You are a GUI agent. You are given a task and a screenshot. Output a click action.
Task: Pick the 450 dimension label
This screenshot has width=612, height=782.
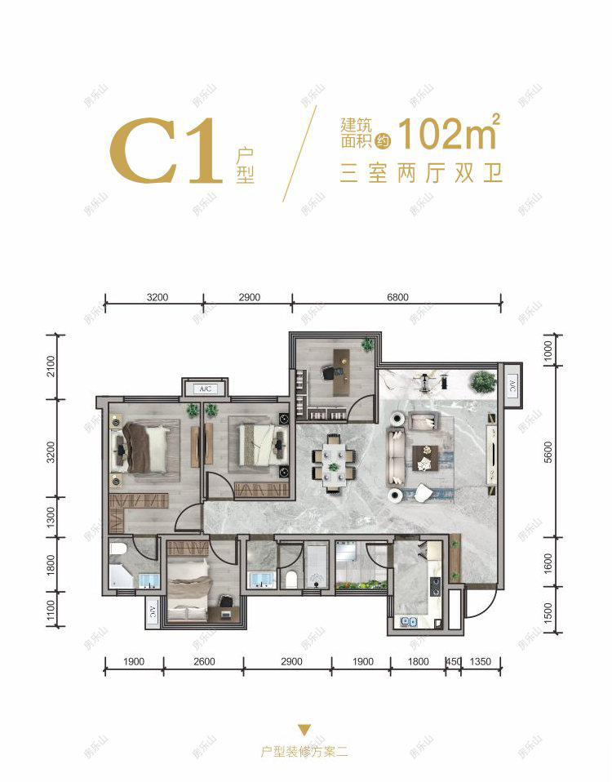click(451, 662)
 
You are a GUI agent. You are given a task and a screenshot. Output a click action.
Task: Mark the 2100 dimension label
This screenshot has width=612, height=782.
click(51, 367)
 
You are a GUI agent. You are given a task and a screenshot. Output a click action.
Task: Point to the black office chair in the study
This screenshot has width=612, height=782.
click(330, 372)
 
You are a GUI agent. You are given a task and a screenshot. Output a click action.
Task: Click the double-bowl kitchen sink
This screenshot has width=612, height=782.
click(409, 622)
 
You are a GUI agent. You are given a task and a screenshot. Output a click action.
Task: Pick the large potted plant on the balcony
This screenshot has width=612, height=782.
click(483, 380)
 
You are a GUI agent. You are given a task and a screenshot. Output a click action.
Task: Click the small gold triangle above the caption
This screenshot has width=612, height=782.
click(304, 730)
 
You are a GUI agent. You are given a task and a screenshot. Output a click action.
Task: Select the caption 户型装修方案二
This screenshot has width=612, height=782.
click(304, 752)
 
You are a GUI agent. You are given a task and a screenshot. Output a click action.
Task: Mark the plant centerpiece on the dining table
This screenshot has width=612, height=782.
click(333, 466)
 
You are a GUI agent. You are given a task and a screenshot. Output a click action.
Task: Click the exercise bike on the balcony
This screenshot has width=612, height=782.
click(428, 378)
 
